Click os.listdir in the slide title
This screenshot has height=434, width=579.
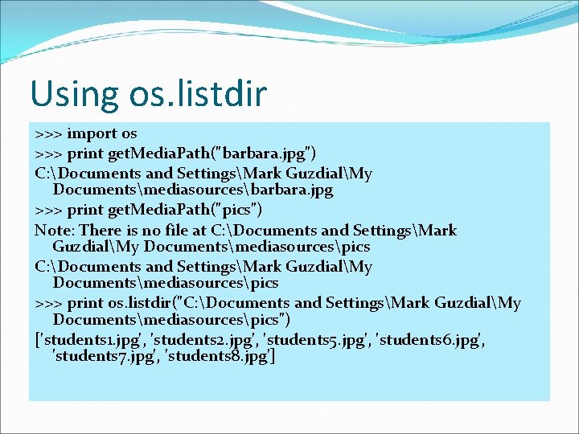[197, 94]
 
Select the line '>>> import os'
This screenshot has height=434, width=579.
[86, 133]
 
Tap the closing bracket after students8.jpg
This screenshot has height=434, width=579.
[274, 356]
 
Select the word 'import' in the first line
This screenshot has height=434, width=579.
[92, 133]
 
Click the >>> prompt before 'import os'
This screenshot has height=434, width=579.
[48, 133]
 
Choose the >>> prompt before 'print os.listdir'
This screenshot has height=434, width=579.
[48, 303]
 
